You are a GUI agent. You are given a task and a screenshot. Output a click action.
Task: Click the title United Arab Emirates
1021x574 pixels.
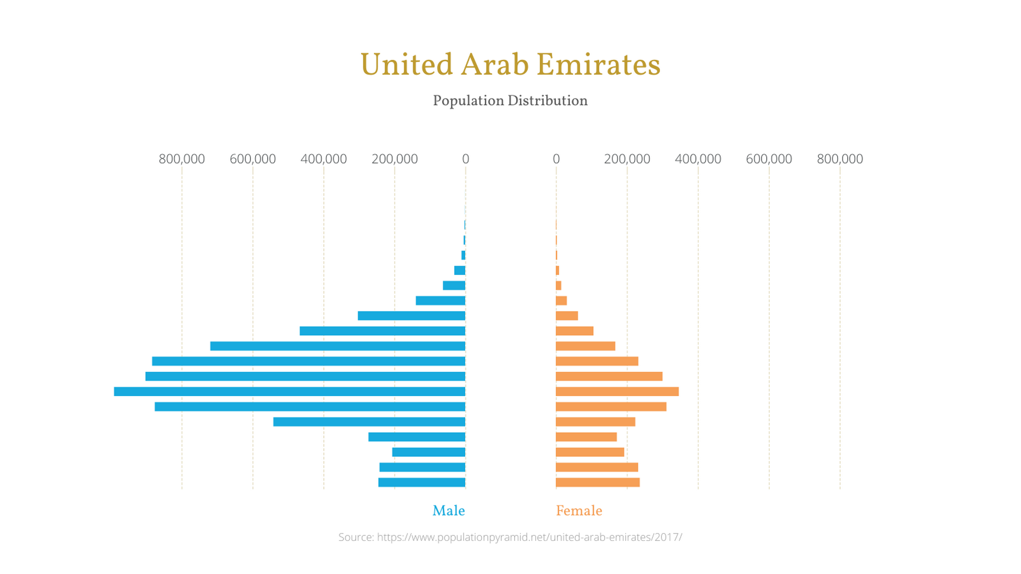[x=510, y=65]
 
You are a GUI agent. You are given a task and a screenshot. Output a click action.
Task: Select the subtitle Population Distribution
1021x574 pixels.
[x=510, y=101]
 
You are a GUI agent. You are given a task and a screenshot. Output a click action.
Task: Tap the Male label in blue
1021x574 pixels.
[x=449, y=511]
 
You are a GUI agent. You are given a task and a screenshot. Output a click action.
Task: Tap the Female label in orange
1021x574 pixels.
[x=579, y=511]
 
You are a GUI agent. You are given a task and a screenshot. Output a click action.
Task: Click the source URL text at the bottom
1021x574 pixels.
[x=510, y=537]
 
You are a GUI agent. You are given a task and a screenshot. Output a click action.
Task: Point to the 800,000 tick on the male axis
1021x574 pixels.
[x=182, y=159]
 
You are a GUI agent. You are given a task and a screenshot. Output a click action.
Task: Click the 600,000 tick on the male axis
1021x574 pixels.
[x=253, y=159]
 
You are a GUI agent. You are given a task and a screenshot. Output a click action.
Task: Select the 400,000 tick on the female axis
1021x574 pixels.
[x=698, y=159]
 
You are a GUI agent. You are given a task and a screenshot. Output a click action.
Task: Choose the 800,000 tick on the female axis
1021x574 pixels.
[x=840, y=159]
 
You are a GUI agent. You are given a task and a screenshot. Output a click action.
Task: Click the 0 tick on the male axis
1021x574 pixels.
[x=465, y=159]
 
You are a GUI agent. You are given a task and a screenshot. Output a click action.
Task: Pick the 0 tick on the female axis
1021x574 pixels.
[x=556, y=159]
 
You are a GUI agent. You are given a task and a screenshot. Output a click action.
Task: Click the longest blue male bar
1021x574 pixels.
[x=290, y=392]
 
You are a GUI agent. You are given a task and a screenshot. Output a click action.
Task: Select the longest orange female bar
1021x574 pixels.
[x=617, y=392]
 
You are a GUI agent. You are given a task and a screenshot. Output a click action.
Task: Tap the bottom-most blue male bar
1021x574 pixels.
[x=422, y=483]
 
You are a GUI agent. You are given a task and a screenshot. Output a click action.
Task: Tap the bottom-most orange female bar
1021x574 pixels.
[x=597, y=483]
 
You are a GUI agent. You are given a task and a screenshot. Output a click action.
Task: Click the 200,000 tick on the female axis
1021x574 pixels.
[x=627, y=159]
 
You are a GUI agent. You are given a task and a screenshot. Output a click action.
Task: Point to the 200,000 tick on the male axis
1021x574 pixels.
[x=394, y=159]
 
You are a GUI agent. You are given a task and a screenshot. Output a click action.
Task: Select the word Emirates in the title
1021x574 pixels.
[x=598, y=65]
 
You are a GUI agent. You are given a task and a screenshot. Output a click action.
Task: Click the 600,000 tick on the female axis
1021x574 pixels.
[x=769, y=159]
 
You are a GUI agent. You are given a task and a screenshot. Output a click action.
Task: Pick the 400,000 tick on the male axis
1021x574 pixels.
[x=324, y=159]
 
